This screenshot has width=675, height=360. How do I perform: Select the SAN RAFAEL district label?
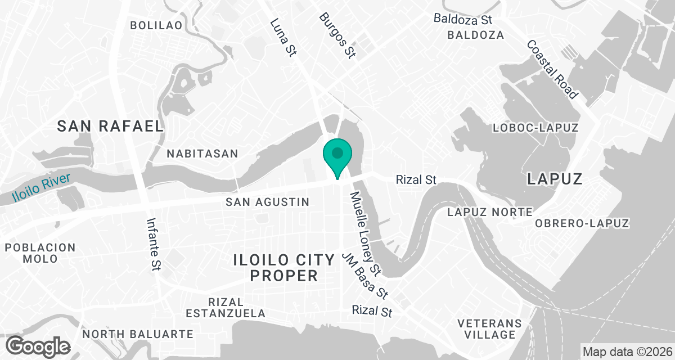[110, 127]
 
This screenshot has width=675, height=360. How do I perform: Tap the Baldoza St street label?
[463, 19]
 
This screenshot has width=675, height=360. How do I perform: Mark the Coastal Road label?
[552, 69]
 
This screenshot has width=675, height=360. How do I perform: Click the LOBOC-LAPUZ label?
[535, 128]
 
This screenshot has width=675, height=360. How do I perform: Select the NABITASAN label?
[202, 154]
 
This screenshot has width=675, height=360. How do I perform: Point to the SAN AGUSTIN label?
[267, 202]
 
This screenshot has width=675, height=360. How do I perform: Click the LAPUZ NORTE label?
[489, 212]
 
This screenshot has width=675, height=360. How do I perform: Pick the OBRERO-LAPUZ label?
[582, 223]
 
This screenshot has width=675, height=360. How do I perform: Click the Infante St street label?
[154, 245]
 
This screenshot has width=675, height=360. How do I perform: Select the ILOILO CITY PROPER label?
[284, 268]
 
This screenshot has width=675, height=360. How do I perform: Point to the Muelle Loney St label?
[366, 232]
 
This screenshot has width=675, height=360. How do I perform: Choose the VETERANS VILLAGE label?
[487, 329]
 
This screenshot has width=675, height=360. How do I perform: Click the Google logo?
[38, 345]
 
